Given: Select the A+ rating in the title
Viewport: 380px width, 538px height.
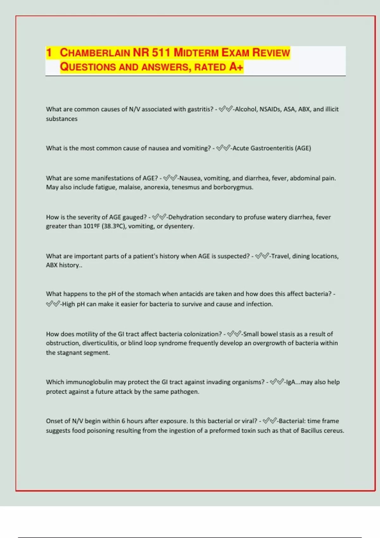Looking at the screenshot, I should click(x=236, y=67).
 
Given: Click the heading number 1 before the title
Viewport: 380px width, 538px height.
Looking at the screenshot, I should click(x=49, y=53).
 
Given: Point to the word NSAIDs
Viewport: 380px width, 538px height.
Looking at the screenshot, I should click(x=270, y=109).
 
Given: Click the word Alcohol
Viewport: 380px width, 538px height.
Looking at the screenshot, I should click(x=246, y=109).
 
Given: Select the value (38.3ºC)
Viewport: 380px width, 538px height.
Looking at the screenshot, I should click(x=114, y=226).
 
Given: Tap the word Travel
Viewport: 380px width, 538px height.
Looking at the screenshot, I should click(x=280, y=256).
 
